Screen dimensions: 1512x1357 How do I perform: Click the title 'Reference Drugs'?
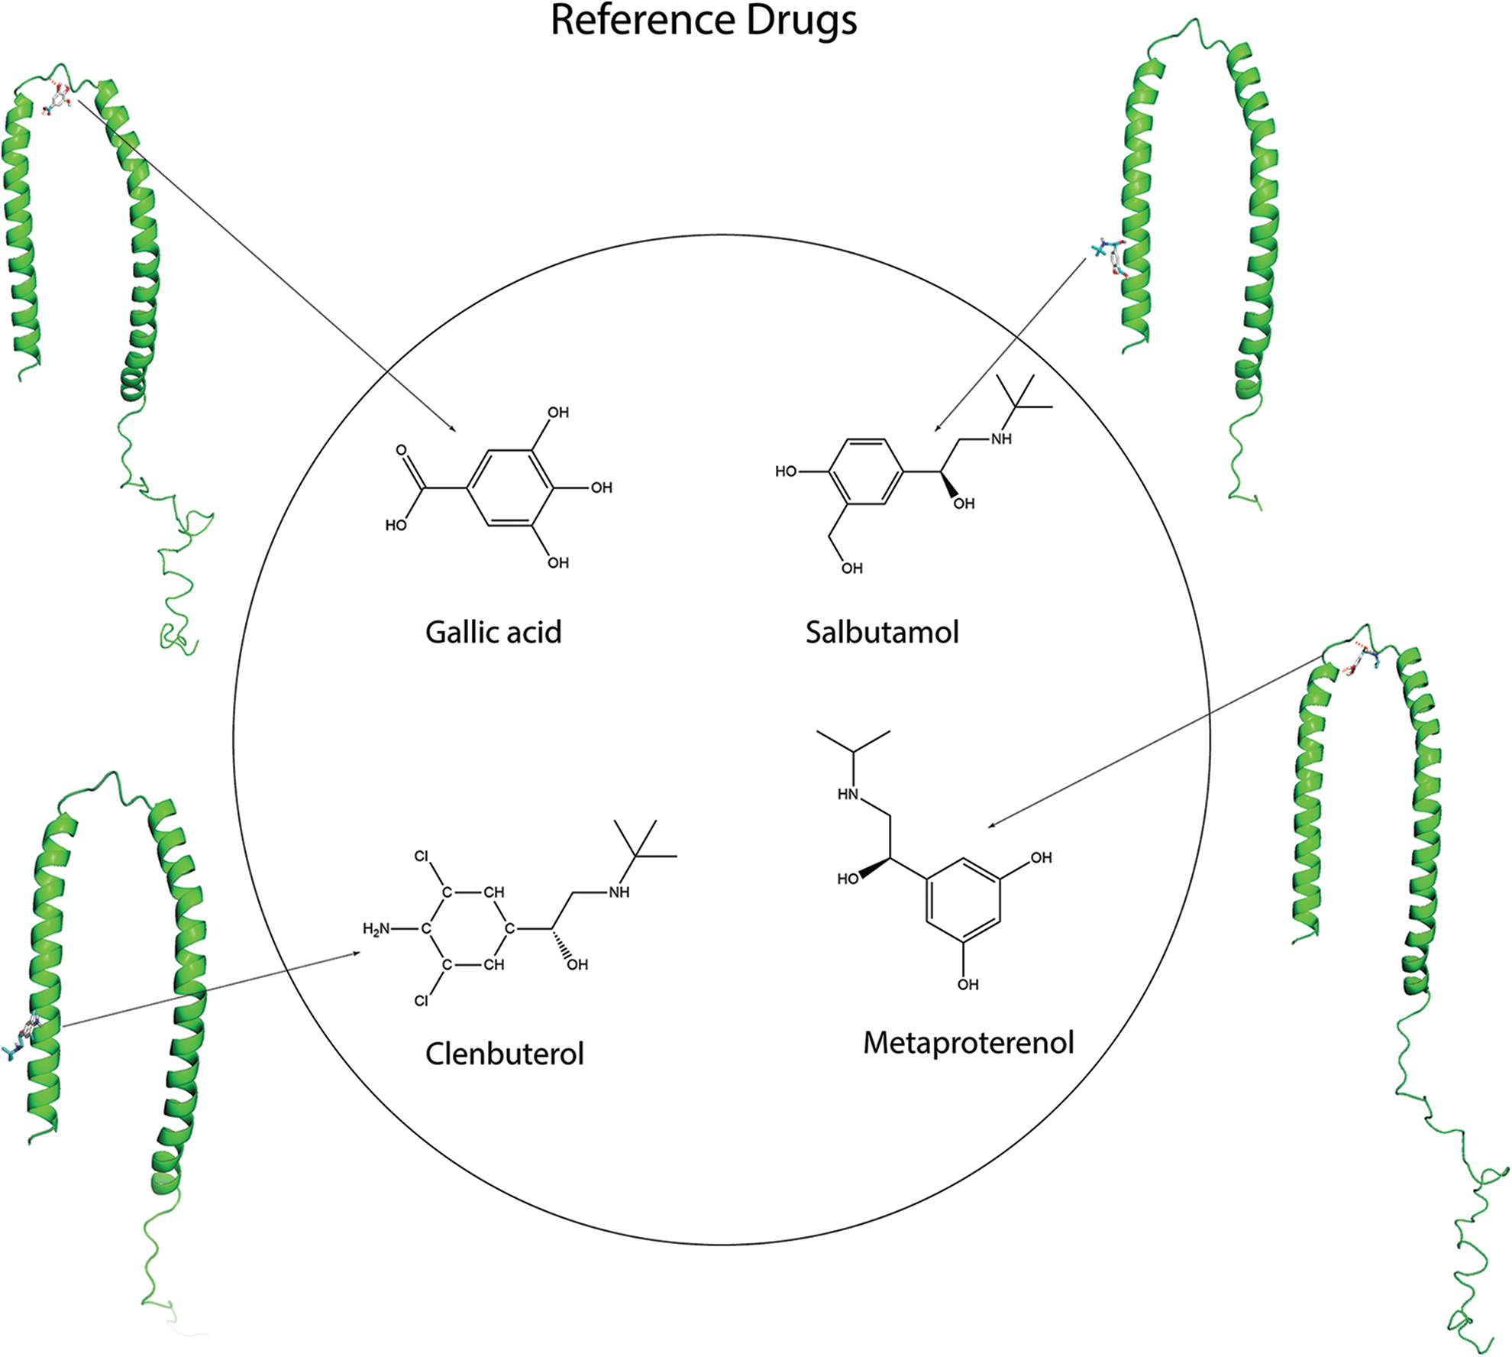click(703, 21)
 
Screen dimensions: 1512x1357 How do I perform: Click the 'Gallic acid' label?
click(493, 632)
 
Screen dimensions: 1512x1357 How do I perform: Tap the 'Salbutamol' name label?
click(882, 632)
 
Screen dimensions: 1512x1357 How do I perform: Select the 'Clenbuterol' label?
click(504, 1054)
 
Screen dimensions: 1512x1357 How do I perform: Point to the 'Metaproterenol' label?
click(968, 1042)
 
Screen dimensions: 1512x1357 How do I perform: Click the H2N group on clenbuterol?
click(376, 929)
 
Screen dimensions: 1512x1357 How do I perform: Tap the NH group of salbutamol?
click(1001, 439)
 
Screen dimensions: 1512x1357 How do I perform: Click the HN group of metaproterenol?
click(848, 794)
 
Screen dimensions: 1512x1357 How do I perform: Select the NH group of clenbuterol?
click(619, 892)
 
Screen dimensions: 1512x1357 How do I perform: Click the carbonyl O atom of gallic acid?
click(401, 450)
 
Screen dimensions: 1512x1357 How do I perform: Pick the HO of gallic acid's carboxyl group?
click(396, 525)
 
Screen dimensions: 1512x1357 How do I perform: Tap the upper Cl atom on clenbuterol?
click(421, 856)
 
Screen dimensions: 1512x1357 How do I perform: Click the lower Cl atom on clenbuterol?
click(421, 1000)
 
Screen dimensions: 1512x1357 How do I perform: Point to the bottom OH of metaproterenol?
click(968, 984)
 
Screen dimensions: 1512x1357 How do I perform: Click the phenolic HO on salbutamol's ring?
click(786, 471)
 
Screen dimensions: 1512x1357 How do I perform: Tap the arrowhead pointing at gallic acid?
click(452, 429)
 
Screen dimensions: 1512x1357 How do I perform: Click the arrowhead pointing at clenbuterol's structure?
click(356, 954)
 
